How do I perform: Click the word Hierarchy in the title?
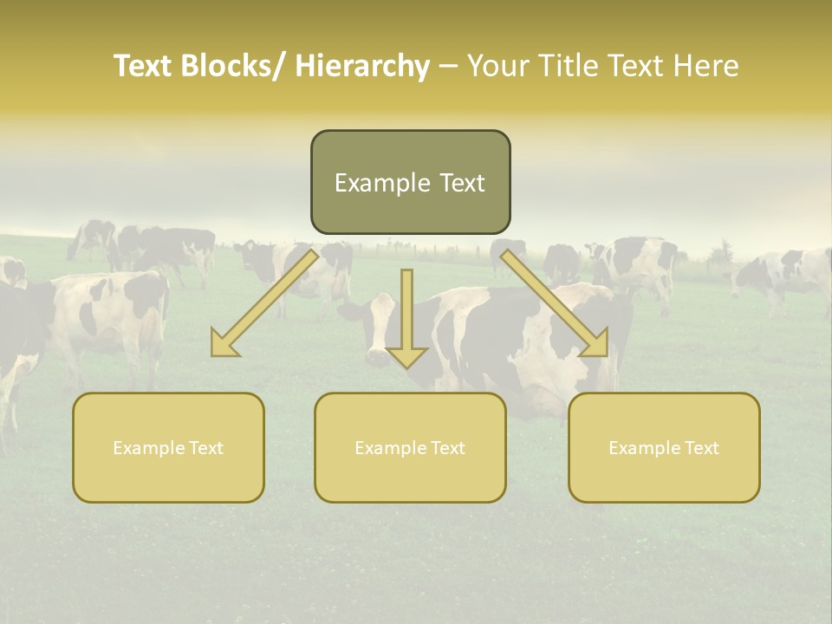click(362, 67)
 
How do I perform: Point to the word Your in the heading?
click(498, 67)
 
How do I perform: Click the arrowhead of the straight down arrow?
click(406, 355)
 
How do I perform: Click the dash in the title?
click(448, 67)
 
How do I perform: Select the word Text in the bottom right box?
click(700, 448)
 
